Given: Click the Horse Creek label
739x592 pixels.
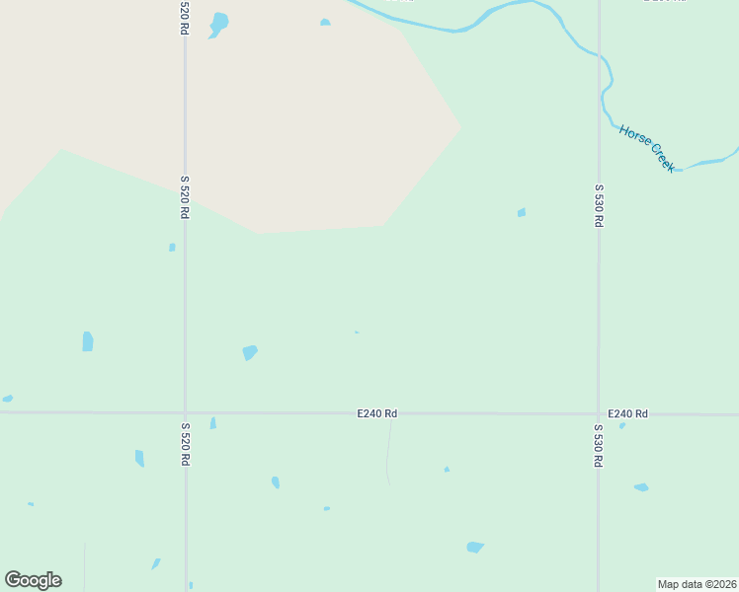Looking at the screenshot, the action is coord(648,149).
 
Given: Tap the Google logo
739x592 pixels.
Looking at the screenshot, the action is coord(33,580).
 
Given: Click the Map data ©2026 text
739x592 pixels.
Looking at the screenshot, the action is coord(698,584).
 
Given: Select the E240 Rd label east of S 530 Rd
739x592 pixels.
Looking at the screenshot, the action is coord(627,413).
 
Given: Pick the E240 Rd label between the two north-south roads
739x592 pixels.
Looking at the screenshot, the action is coord(377,414).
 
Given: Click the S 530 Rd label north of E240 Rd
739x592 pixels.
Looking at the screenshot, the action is coord(598,205).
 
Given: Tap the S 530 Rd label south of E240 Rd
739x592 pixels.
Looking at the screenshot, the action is coord(598,446).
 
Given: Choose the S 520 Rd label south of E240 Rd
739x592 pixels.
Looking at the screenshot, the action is coord(185,445).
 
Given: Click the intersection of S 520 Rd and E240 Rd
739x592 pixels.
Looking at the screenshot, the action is coord(185,413).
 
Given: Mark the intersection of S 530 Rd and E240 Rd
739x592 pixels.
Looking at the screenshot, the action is coord(598,414).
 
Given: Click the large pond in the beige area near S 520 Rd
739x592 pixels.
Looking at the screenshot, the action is coord(218,22).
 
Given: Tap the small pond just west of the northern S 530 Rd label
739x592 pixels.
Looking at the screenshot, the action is coord(522,212).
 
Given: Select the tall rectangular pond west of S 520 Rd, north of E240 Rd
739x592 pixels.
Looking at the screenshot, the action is coord(88,341).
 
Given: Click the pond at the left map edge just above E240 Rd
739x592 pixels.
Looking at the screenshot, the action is coord(7,399).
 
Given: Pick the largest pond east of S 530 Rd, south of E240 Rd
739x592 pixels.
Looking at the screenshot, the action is coord(641,487).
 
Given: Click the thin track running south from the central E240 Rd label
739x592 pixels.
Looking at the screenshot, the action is coord(388,454).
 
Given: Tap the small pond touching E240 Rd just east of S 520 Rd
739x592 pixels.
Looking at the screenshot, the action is coord(212,423).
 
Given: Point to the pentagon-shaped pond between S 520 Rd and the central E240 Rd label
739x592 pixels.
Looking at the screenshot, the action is coord(250,352).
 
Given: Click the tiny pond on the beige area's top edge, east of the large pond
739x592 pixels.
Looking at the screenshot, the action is coord(325,22).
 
